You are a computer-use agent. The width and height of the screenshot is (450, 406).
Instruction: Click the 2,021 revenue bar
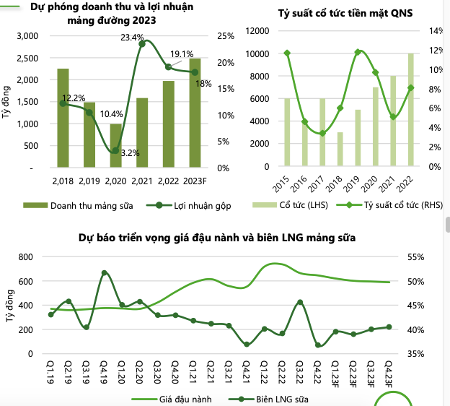[141, 133]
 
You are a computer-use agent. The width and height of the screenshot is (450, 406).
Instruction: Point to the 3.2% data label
[131, 152]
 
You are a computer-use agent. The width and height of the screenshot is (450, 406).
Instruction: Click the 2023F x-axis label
[195, 181]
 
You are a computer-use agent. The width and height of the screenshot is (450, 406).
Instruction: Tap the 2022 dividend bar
[411, 110]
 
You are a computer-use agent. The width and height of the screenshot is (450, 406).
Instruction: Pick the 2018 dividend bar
[340, 150]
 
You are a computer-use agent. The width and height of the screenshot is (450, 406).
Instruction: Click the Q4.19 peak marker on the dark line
[105, 273]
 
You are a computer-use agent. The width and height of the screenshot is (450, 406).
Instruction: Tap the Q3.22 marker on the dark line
[300, 302]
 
